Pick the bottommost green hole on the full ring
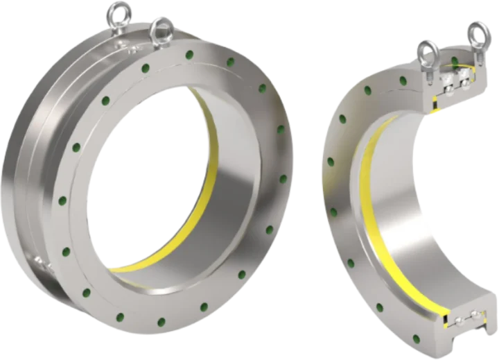161,321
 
